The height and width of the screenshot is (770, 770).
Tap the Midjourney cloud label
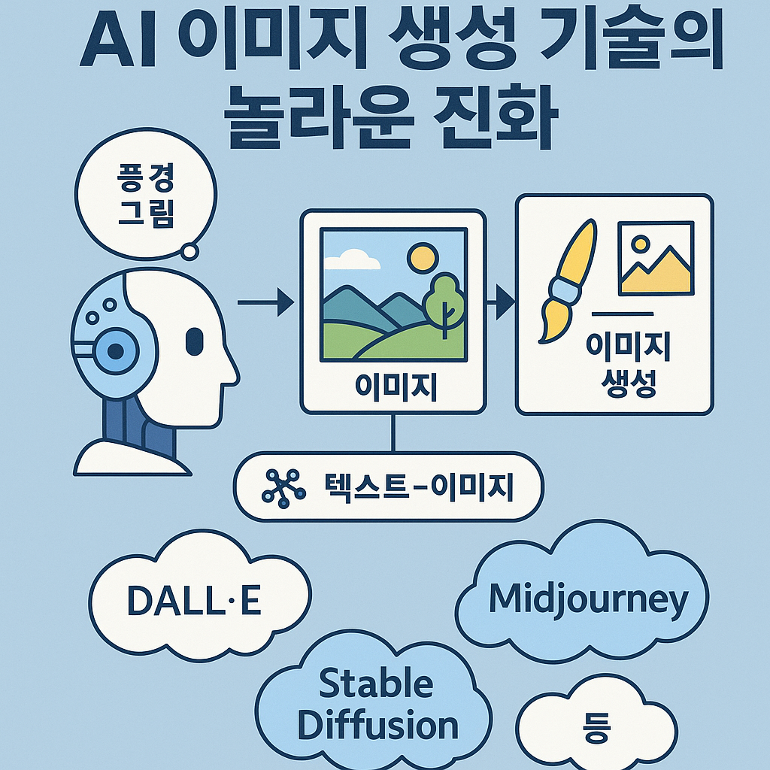[588, 599]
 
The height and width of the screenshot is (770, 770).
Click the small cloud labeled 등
[596, 729]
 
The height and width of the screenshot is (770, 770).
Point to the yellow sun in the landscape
[423, 258]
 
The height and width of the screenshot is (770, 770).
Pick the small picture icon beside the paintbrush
[656, 258]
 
